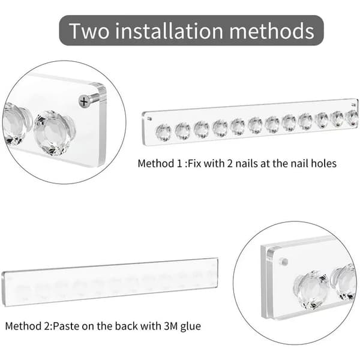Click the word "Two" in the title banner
pos(89,31)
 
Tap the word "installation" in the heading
pos(169,31)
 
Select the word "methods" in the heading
pos(272,31)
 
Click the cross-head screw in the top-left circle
pos(84,101)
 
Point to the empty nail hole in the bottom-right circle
pos(284,262)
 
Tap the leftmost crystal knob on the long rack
pos(163,132)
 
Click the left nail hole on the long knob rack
pos(149,119)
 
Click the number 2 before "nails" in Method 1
pos(230,164)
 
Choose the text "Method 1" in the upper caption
pos(160,163)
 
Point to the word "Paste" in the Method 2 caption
pos(66,326)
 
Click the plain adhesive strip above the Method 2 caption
pos(110,283)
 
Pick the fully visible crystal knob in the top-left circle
pos(54,133)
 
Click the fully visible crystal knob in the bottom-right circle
pos(311,290)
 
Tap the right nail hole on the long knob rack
pos(353,105)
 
